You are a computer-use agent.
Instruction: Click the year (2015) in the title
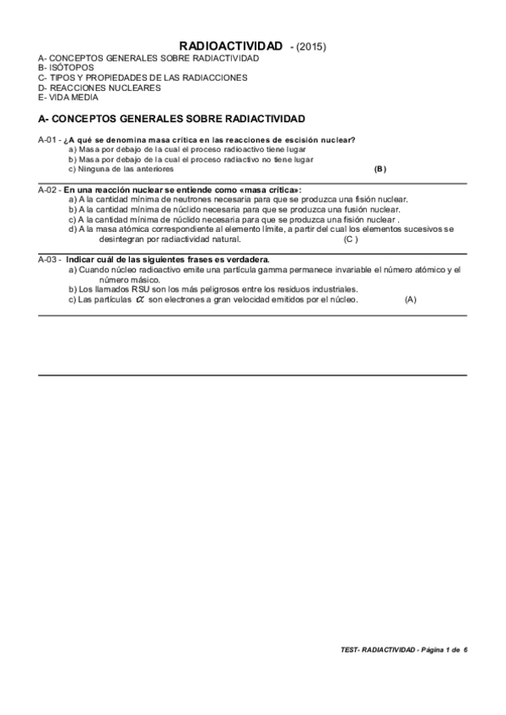coord(311,47)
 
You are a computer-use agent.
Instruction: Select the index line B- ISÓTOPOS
coord(67,67)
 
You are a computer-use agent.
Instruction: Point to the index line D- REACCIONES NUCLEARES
coord(100,87)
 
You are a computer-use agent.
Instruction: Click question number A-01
coord(48,139)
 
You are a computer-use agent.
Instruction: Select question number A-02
coord(48,191)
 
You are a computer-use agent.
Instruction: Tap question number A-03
coord(48,260)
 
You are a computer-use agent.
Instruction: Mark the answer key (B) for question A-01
coord(380,169)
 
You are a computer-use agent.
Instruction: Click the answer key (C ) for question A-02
coord(351,239)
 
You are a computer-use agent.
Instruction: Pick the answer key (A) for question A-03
coord(411,300)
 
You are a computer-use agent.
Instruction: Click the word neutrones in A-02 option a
coord(182,200)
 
